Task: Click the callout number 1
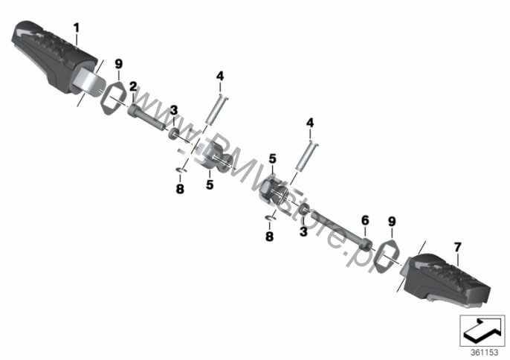[77, 28]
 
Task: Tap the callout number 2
[133, 86]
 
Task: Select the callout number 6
[365, 221]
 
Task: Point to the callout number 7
[457, 248]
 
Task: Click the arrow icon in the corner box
[482, 330]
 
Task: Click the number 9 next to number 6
[392, 222]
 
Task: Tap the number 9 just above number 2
[119, 64]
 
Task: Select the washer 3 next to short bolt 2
[173, 133]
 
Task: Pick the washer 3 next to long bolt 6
[303, 209]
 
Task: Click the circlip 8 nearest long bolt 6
[271, 218]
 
